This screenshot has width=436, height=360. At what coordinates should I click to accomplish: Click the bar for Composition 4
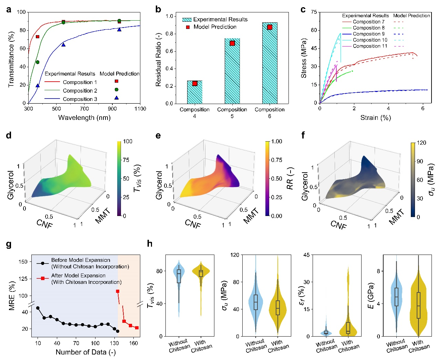click(195, 92)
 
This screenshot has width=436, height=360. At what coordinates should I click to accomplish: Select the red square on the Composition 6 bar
click(270, 27)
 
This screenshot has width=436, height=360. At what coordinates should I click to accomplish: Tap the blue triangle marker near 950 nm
click(119, 30)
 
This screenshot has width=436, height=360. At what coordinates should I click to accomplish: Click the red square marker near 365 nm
click(38, 37)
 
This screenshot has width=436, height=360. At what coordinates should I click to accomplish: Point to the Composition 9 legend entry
click(368, 34)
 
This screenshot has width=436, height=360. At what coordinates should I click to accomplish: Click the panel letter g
click(9, 244)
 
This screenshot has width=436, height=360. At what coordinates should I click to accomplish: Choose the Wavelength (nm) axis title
click(84, 118)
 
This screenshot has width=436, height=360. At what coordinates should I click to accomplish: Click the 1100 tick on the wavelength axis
click(140, 109)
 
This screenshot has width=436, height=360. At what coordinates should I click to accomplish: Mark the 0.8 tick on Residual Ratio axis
click(169, 34)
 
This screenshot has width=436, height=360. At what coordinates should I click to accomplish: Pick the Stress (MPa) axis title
click(304, 58)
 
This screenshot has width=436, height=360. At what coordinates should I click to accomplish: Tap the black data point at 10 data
click(38, 308)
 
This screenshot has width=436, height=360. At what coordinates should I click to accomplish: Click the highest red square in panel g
click(118, 291)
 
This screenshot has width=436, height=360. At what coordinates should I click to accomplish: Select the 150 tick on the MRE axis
click(23, 262)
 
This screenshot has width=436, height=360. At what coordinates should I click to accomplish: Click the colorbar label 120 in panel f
click(422, 143)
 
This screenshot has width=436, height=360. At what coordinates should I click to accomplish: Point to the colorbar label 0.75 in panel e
click(276, 160)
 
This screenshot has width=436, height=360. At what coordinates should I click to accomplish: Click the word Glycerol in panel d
click(10, 185)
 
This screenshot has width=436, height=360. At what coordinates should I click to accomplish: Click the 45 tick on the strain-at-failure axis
click(306, 255)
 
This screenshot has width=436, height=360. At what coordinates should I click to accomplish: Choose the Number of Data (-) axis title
click(85, 352)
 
